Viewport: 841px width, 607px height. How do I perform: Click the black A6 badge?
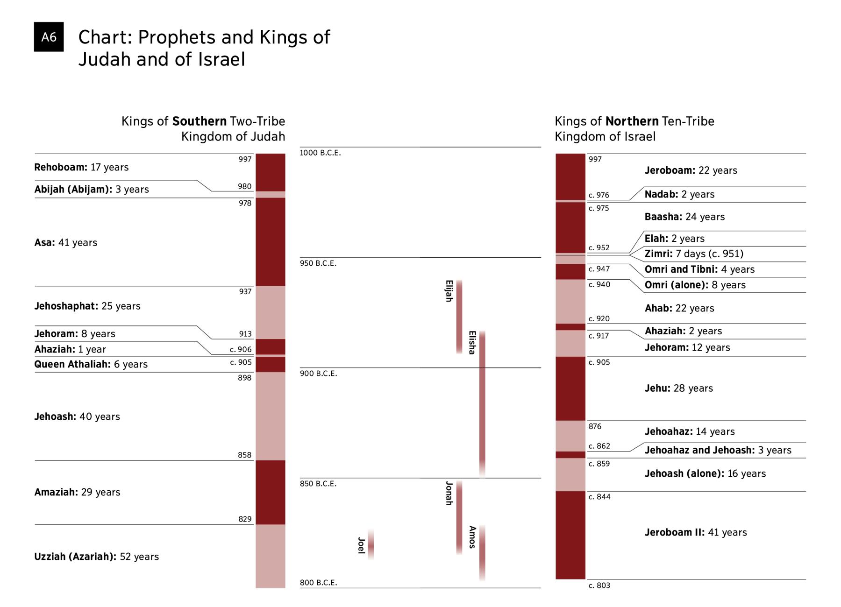point(49,37)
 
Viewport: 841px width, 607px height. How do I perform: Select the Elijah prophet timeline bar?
point(459,317)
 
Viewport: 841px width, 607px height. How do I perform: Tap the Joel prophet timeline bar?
point(371,544)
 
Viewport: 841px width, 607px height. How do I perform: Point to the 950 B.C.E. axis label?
point(318,263)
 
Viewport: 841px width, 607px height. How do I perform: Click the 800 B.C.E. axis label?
point(318,582)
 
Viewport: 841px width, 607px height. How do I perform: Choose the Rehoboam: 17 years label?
point(81,167)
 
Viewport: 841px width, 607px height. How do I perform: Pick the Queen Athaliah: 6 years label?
point(91,364)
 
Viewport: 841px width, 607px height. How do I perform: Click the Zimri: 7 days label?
point(694,254)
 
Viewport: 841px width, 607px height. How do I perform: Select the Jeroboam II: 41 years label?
point(696,532)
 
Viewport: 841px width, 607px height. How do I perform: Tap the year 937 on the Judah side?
point(245,291)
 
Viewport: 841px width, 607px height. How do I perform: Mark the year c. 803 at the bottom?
point(599,586)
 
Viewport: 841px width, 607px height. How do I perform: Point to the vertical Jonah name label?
point(449,493)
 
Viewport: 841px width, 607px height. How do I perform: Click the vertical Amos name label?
point(472,537)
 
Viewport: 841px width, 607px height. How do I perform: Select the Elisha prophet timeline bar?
point(482,404)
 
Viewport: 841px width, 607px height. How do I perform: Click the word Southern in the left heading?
point(199,121)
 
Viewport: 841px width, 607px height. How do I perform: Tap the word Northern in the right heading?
point(632,121)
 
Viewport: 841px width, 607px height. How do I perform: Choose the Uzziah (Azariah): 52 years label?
point(96,557)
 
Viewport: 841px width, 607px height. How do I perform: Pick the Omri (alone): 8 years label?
point(695,285)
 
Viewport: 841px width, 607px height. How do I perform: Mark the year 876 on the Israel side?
point(595,426)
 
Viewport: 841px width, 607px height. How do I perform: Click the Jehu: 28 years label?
point(678,388)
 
